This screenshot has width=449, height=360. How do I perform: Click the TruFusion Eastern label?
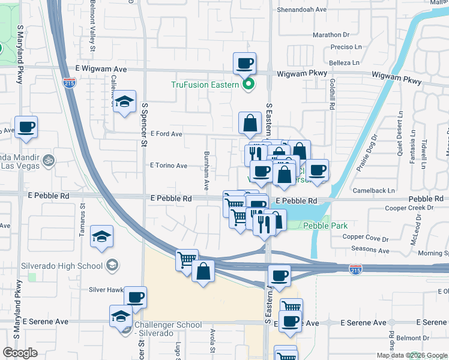click(205, 85)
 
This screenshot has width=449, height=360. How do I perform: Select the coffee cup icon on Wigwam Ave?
click(244, 63)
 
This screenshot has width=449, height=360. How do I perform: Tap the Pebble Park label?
click(326, 226)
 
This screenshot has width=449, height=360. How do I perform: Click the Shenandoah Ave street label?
click(301, 10)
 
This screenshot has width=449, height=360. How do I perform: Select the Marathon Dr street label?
click(331, 35)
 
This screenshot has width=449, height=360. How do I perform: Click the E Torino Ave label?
click(169, 166)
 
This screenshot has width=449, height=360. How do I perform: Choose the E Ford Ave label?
click(166, 134)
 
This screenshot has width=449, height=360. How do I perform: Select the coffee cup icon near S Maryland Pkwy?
click(26, 127)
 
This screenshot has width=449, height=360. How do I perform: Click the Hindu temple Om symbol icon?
click(47, 161)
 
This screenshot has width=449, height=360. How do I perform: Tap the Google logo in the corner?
click(20, 353)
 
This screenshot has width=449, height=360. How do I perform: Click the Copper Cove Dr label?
click(366, 238)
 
